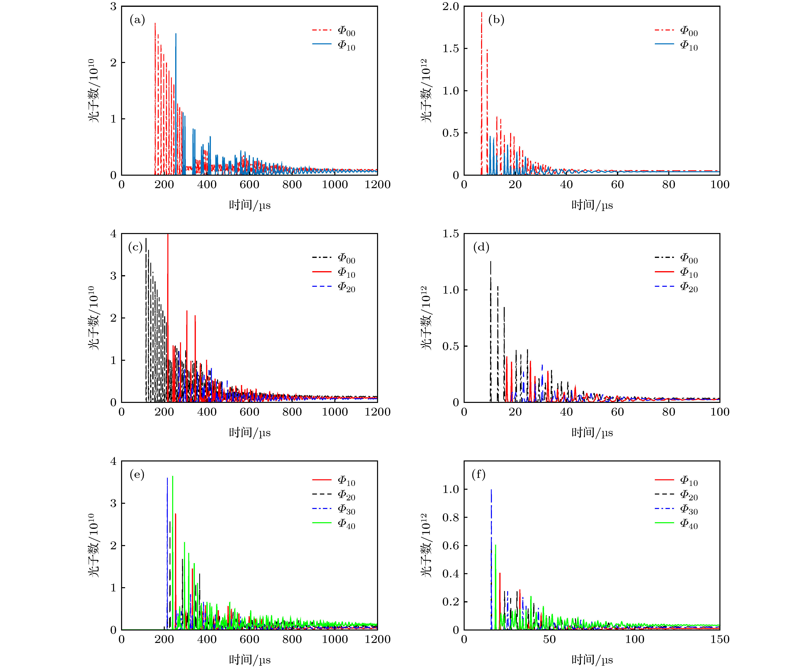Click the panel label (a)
coord(137,20)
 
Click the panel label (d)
coord(481,247)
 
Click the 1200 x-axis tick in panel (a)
coord(377,184)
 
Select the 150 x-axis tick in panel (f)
coord(720,639)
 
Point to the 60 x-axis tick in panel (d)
coord(617,412)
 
